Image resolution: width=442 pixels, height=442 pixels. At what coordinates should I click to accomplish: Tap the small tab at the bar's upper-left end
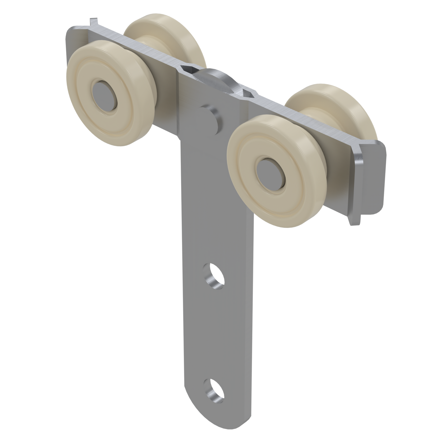[92, 22]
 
